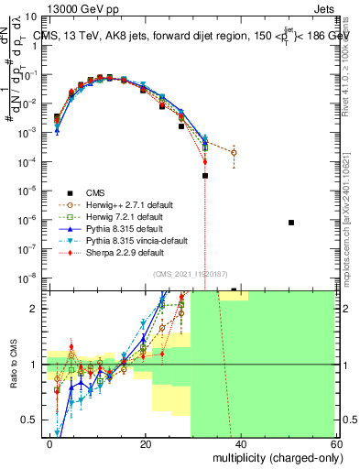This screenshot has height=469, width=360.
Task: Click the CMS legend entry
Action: tap(96, 192)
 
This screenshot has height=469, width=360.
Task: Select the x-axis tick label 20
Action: tap(145, 443)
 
